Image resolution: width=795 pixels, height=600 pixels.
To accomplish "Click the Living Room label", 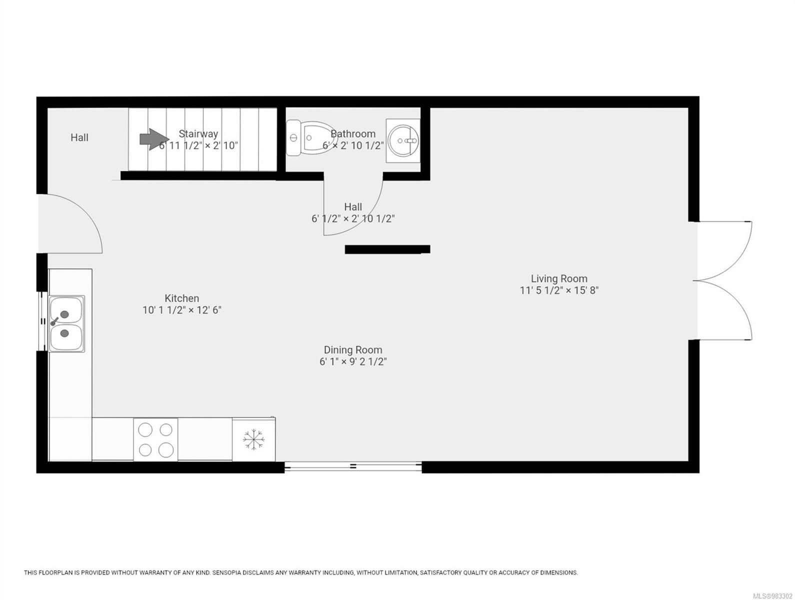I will click(559, 278).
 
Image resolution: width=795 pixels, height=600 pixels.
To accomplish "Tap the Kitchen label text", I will click(182, 298).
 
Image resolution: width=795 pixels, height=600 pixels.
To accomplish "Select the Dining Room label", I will click(353, 350).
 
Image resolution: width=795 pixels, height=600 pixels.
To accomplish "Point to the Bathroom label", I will click(353, 134).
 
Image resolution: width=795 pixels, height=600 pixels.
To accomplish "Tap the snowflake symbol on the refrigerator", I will click(253, 439).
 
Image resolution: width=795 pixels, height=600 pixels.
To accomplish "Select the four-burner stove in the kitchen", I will click(155, 439).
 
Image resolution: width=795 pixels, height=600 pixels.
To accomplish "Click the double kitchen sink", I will click(66, 323).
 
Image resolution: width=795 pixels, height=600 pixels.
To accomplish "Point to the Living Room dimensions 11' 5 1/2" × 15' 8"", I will click(559, 290).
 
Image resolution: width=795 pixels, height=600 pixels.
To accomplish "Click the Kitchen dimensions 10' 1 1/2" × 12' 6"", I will click(182, 310).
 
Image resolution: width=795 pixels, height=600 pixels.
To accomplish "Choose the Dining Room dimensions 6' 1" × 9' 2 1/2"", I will click(353, 362).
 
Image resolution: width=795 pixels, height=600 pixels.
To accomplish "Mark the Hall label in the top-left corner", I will click(79, 137).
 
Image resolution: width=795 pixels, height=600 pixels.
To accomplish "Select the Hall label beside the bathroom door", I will click(353, 207).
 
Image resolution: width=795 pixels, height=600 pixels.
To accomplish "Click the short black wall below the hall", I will click(387, 249).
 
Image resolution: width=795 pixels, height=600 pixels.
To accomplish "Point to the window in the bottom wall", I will click(353, 466).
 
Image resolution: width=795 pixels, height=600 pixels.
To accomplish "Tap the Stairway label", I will click(198, 134).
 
